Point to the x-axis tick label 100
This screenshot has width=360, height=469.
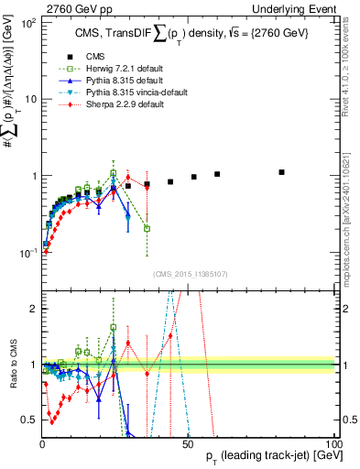point(333,442)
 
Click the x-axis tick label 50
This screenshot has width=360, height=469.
point(188,442)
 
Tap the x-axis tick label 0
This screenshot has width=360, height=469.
point(42,442)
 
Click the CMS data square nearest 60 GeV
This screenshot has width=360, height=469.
point(217,174)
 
